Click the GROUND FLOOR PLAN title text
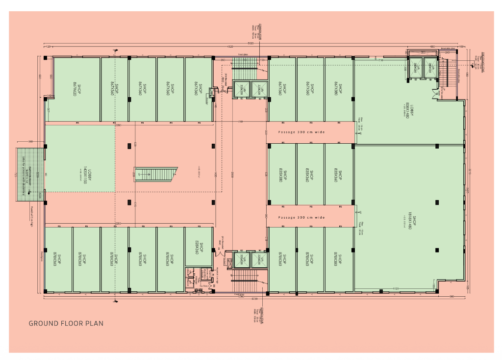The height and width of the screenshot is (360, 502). tap(66, 323)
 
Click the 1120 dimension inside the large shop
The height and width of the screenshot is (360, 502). tap(395, 288)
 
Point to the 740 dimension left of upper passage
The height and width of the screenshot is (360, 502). tap(240, 121)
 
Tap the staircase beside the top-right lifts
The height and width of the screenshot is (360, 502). tap(444, 74)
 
